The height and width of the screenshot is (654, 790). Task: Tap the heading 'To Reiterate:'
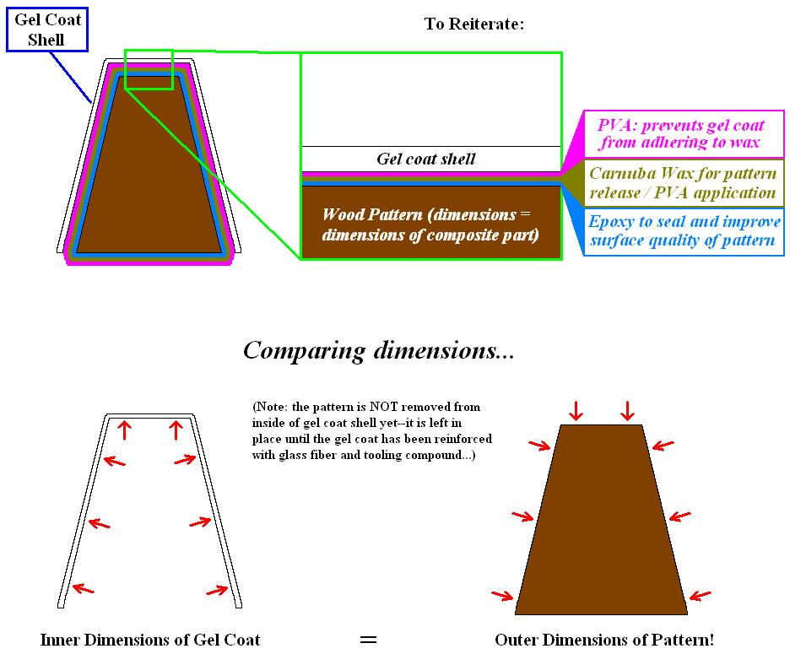tap(474, 24)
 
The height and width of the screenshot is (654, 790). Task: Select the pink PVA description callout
tap(680, 134)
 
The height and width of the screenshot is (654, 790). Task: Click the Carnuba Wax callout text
tap(682, 183)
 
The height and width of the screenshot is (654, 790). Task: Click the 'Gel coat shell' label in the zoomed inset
tap(425, 159)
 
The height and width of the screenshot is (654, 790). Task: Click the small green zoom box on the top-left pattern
tap(149, 69)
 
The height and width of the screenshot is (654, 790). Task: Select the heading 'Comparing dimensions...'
tap(378, 350)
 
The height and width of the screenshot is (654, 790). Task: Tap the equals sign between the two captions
tap(368, 640)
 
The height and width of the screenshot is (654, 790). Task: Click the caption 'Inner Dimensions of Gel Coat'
tap(150, 640)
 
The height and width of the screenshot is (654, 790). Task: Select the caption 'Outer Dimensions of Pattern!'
tap(604, 640)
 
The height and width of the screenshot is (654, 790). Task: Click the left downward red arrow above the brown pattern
tap(576, 411)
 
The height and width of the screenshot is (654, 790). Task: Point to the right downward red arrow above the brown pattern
tap(627, 411)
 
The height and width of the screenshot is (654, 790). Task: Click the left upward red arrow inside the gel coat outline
tap(125, 430)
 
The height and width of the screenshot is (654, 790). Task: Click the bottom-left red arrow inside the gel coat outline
tap(83, 588)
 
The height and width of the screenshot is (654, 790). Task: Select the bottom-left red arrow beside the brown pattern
tap(502, 596)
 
